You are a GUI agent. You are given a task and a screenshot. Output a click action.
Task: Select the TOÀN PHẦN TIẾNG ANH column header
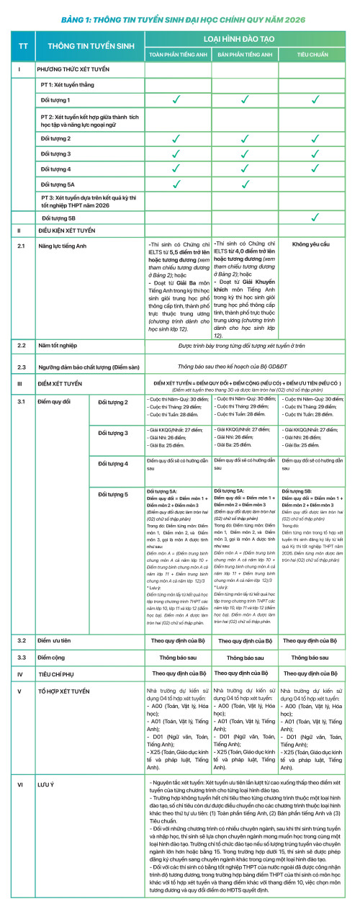[178, 54]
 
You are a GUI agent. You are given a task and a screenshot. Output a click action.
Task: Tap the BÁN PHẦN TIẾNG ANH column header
[245, 54]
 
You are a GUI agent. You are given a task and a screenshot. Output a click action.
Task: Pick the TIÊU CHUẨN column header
[314, 54]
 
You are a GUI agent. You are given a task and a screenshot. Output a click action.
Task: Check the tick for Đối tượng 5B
[314, 217]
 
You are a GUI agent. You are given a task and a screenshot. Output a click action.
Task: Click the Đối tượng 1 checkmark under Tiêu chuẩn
[314, 99]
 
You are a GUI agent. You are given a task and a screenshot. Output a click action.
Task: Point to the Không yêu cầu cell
[310, 244]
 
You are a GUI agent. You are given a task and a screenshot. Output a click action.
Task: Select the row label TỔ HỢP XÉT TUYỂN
[64, 691]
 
